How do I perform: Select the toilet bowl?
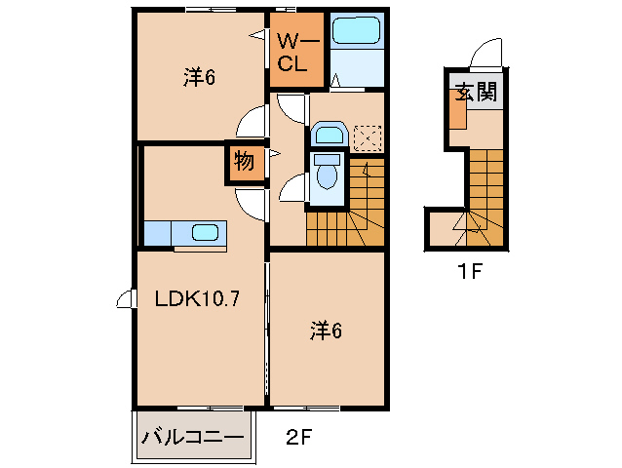click(327, 176)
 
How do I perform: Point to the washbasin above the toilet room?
click(329, 135)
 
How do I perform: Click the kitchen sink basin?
click(206, 232)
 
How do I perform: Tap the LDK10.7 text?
click(198, 299)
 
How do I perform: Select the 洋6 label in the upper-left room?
click(199, 77)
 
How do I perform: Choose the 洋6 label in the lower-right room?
click(326, 331)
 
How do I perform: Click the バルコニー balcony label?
click(192, 437)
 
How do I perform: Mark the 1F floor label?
click(471, 272)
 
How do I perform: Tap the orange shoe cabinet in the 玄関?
click(457, 113)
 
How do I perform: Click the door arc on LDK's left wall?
click(124, 300)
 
